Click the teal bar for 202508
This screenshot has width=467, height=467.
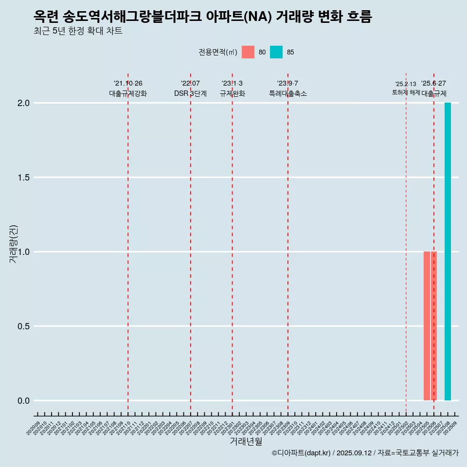pyautogui.click(x=448, y=251)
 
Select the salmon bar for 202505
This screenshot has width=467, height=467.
pyautogui.click(x=427, y=326)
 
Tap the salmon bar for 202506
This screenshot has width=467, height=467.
pyautogui.click(x=433, y=326)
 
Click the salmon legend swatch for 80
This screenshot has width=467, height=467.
pyautogui.click(x=248, y=52)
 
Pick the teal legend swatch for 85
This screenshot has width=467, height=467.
pyautogui.click(x=276, y=52)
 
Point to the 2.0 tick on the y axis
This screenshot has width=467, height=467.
pyautogui.click(x=24, y=103)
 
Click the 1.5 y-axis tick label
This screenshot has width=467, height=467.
pyautogui.click(x=24, y=178)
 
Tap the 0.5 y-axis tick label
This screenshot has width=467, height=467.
pyautogui.click(x=24, y=326)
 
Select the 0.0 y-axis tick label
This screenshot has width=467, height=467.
pyautogui.click(x=24, y=401)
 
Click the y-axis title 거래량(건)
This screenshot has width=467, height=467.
pyautogui.click(x=14, y=244)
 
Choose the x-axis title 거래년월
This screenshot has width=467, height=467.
pyautogui.click(x=246, y=441)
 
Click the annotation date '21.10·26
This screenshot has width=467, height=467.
pyautogui.click(x=128, y=83)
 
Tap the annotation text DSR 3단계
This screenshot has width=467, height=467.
pyautogui.click(x=190, y=93)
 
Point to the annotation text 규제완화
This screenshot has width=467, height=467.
pyautogui.click(x=232, y=93)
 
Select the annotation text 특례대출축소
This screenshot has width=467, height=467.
pyautogui.click(x=288, y=93)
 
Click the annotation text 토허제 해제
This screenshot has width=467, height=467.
pyautogui.click(x=406, y=92)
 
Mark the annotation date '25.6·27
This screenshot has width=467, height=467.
pyautogui.click(x=433, y=83)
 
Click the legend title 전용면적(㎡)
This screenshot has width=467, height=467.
pyautogui.click(x=217, y=52)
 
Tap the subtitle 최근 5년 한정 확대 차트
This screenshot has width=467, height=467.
pyautogui.click(x=78, y=31)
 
